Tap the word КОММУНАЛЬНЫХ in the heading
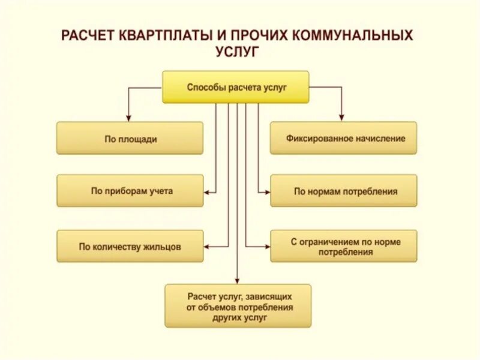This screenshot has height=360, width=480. [352, 35]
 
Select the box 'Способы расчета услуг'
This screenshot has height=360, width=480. [236, 87]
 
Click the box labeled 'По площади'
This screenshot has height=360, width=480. [130, 139]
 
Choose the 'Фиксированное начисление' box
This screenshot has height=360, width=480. [343, 139]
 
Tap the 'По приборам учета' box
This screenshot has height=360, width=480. [130, 191]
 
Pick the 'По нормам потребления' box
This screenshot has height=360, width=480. [343, 191]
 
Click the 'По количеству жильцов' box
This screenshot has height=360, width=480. [130, 246]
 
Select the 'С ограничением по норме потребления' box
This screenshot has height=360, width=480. [343, 246]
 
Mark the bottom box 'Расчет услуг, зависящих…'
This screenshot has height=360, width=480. [238, 305]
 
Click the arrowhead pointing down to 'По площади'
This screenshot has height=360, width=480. [128, 117]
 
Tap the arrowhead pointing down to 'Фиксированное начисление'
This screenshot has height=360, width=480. [342, 117]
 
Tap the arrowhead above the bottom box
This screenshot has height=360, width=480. [238, 279]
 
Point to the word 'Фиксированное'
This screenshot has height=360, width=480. [317, 139]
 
